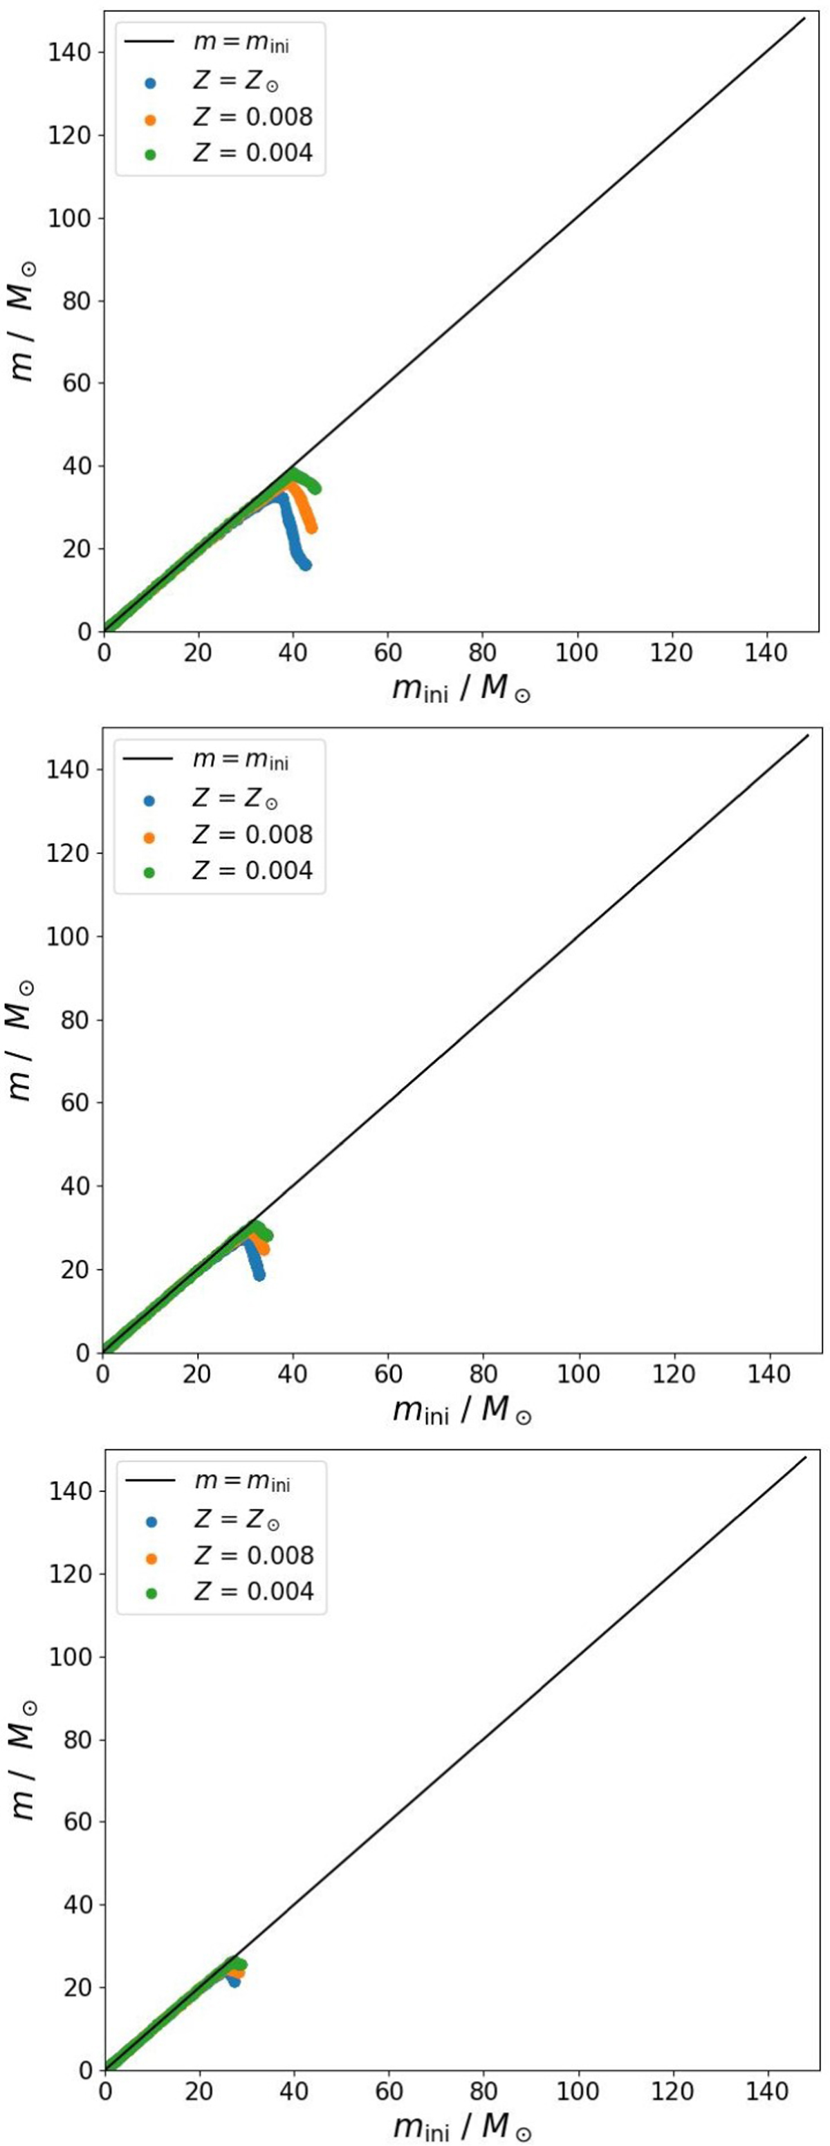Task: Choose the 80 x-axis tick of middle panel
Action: [483, 1374]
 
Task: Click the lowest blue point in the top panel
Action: [305, 565]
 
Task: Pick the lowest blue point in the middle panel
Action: [259, 1276]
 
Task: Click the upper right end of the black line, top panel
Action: [805, 17]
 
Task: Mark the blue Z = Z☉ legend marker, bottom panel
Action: [151, 1521]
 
